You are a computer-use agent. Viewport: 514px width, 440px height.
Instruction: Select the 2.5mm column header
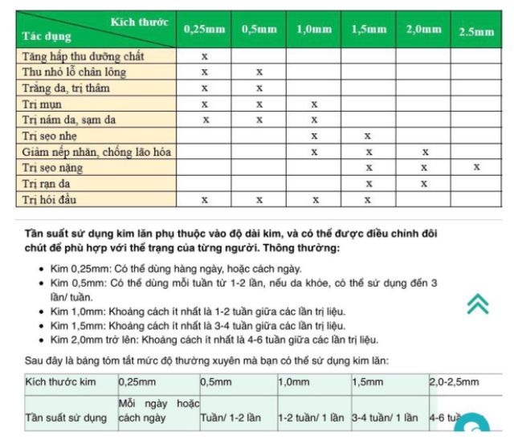(x=476, y=32)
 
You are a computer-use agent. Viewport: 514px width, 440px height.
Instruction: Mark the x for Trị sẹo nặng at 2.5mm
(x=477, y=167)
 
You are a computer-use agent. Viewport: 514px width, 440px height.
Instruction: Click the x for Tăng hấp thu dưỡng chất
(x=204, y=56)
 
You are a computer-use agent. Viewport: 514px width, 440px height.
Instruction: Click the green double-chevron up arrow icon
(x=477, y=303)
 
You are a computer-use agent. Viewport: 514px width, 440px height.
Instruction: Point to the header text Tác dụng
(x=47, y=36)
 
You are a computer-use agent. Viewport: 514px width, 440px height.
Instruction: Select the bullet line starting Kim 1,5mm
(x=198, y=325)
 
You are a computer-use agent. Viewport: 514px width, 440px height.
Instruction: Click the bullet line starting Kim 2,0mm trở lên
(x=214, y=340)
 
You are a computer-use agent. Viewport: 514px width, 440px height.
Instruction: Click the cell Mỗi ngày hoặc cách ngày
(x=158, y=410)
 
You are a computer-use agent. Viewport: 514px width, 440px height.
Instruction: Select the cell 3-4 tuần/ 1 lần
(x=385, y=418)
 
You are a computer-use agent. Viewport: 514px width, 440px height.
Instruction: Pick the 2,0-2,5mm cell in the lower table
(x=454, y=382)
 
